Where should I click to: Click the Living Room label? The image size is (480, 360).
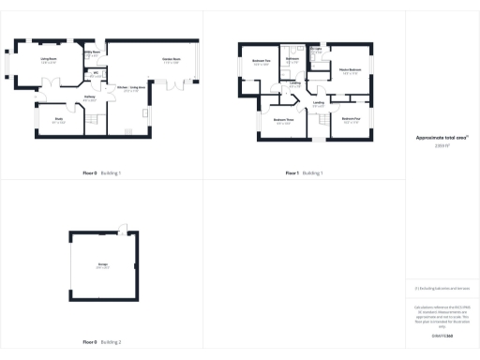(x=48, y=59)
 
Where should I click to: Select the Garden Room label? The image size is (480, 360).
(x=171, y=59)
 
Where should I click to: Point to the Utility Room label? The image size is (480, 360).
(x=92, y=53)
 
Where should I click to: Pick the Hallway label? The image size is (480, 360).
(x=90, y=96)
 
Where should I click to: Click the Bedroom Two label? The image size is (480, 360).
(x=262, y=62)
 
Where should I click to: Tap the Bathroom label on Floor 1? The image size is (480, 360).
(x=292, y=60)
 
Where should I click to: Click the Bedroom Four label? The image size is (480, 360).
(x=351, y=120)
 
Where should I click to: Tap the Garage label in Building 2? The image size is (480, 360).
(x=102, y=265)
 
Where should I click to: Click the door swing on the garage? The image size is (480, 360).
(x=123, y=228)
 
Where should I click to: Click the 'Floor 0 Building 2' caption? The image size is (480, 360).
(x=101, y=343)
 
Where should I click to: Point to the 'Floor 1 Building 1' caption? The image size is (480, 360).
(x=304, y=173)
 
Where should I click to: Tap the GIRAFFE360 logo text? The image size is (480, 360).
(x=441, y=334)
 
